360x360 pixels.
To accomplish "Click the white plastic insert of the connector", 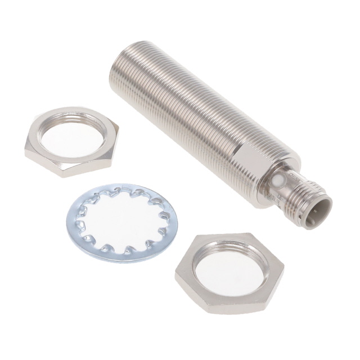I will coord(319,207).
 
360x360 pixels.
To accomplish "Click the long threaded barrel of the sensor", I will coord(186,107).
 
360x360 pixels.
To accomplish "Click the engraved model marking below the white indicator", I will coord(272,197).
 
